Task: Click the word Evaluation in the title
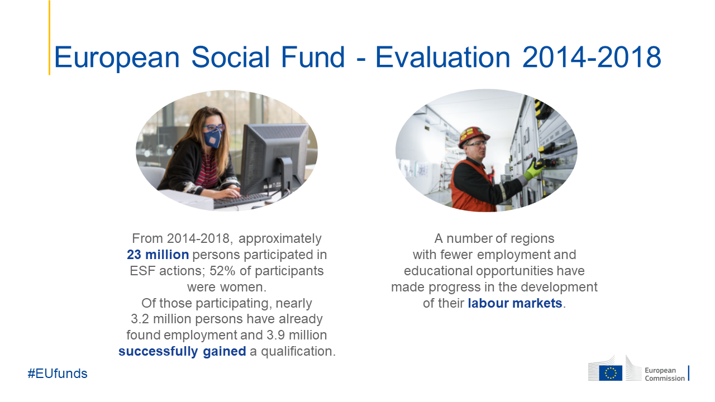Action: pos(442,57)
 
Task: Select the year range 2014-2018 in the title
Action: pos(592,57)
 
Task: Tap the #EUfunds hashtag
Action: pos(58,374)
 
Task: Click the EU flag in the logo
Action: pos(611,373)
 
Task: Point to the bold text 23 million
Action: pos(158,255)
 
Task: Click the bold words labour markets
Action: pos(515,303)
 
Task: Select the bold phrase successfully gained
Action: pos(182,351)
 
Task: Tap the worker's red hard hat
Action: pos(473,136)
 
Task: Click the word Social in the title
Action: pos(231,57)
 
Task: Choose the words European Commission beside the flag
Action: pos(665,374)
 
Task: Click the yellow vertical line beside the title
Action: pos(50,37)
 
